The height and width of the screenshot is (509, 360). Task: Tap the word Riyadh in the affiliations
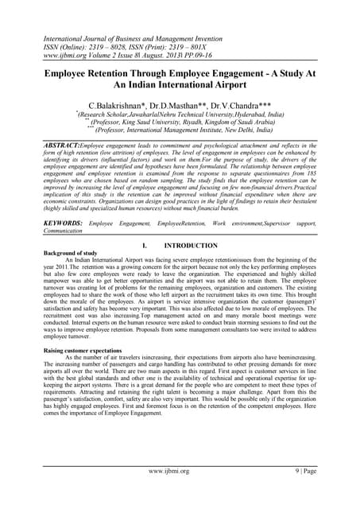click(200, 122)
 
